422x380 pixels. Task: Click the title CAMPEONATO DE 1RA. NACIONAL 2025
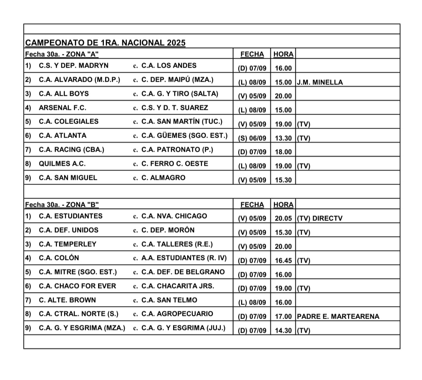105,43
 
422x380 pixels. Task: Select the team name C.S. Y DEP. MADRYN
73,66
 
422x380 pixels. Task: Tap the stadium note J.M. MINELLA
320,82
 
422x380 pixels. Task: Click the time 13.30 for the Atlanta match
283,138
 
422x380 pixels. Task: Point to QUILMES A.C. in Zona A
62,164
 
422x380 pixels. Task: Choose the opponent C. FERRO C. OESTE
175,164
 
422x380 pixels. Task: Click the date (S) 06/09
252,138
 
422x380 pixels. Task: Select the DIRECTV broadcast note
327,219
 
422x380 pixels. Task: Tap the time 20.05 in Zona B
283,219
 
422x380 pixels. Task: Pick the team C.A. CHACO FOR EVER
77,286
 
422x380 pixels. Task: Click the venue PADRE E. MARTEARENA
338,317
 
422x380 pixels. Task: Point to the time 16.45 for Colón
283,261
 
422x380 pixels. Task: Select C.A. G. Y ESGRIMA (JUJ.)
183,328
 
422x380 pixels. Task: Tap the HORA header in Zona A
283,54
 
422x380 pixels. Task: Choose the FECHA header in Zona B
252,204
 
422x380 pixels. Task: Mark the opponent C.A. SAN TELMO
169,300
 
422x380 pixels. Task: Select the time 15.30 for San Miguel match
283,180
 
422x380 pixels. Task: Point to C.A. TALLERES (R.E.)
177,244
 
